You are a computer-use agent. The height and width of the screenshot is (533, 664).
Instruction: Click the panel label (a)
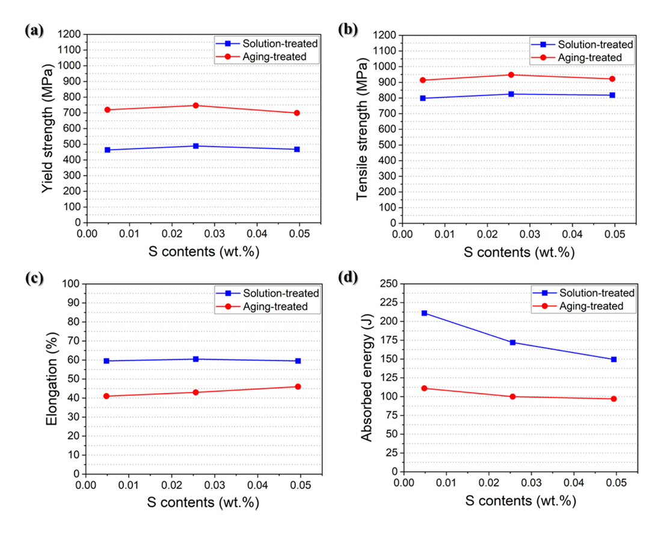(34, 31)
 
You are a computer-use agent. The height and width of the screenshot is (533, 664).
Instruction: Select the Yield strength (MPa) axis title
(49, 129)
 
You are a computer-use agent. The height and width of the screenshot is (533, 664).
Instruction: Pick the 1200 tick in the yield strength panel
(70, 34)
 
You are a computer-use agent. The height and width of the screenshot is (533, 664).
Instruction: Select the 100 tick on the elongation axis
(72, 283)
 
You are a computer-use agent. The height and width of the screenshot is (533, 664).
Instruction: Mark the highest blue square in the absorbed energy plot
(424, 313)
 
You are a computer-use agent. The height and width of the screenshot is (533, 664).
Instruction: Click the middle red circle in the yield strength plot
(195, 105)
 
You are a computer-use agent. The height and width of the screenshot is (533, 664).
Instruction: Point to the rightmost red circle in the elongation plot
(298, 386)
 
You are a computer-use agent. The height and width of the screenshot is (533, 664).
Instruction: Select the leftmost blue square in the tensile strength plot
(423, 98)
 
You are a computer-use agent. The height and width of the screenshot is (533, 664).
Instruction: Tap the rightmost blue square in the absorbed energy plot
(613, 359)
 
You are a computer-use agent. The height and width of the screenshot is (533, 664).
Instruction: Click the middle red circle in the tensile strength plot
(511, 75)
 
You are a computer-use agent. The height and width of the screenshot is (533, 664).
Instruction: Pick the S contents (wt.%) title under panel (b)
(518, 252)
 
